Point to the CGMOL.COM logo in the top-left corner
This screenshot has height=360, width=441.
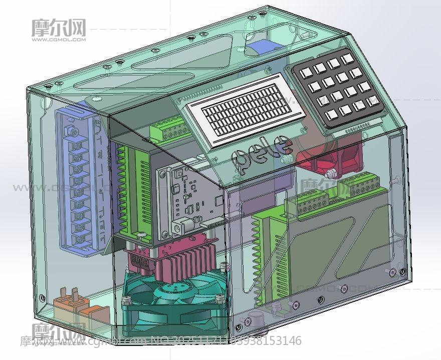pos(59,30)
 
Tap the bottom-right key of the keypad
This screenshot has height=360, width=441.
pos(371,100)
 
